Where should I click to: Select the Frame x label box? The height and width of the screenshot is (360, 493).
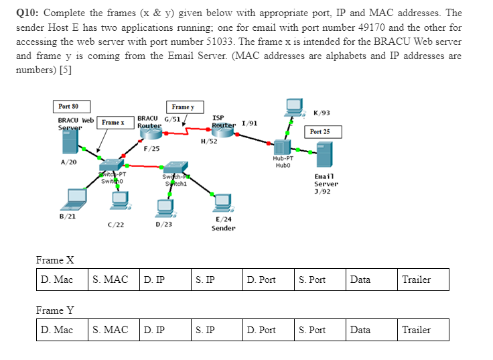(x=113, y=123)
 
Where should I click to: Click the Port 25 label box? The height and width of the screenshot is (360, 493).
(x=321, y=131)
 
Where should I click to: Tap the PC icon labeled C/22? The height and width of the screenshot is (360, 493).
(x=121, y=198)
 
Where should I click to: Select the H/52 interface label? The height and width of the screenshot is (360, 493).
(x=208, y=141)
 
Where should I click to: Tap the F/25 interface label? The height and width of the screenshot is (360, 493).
(x=151, y=147)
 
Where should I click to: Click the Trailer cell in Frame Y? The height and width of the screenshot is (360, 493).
(x=423, y=329)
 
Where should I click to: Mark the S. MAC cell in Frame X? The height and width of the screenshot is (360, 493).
(x=113, y=280)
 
